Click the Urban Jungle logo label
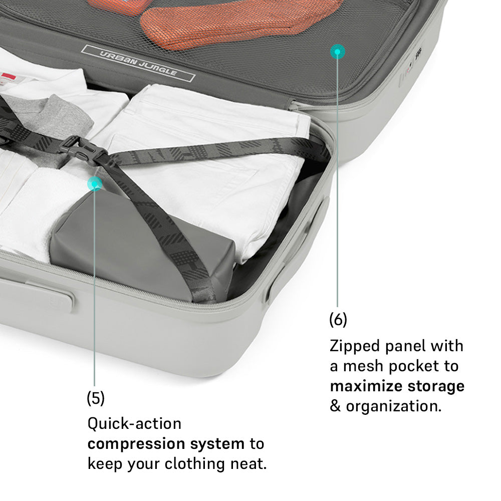pos(138,63)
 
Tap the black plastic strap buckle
pos(84,150)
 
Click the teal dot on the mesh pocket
pos(337,52)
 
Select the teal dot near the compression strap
pos(95,184)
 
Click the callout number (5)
pos(96,398)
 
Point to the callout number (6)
pos(338,320)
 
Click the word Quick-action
pos(134,424)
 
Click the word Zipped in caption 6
pos(355,347)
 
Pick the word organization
pos(394,406)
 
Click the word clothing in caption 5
pos(195,464)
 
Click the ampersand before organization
pos(335,406)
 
